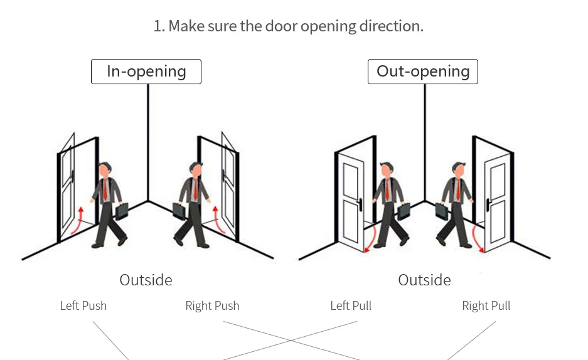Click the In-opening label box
pos(146,71)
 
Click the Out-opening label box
pos(422,71)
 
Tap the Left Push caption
pos(83,306)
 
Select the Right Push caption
pos(212,306)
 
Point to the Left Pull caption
pos(351,306)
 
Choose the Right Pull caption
pos(486,306)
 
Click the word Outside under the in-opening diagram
pos(146,280)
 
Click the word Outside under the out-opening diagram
pos(424,280)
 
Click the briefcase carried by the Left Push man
pos(122,210)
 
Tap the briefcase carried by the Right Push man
pos(179,211)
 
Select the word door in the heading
pos(282,27)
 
